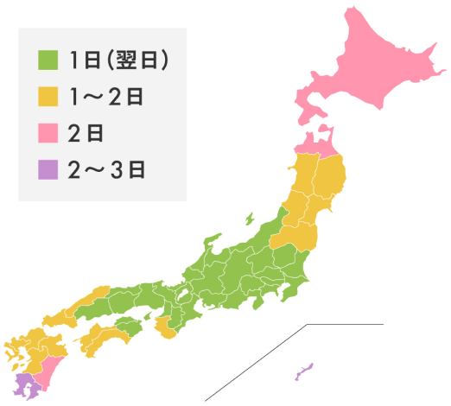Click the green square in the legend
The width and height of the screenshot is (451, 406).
tap(47, 61)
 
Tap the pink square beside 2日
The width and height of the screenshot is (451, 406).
tap(47, 132)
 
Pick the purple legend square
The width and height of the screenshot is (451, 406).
tap(47, 168)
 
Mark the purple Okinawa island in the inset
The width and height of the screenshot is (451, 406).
tap(303, 373)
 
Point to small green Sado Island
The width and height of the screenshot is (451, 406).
tap(249, 219)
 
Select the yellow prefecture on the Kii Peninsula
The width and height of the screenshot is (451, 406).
tap(165, 327)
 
